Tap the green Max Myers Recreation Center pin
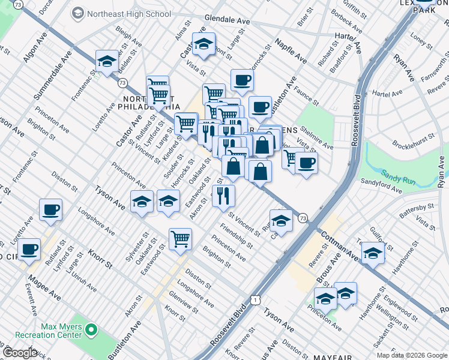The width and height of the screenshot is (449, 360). tap(91, 329)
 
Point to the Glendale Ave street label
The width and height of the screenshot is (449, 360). tap(227, 20)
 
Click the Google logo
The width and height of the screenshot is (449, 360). tap(20, 353)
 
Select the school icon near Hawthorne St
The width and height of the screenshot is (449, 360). tap(373, 254)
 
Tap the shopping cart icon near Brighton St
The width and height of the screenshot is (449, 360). tap(180, 238)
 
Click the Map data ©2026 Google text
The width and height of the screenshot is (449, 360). tap(412, 355)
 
